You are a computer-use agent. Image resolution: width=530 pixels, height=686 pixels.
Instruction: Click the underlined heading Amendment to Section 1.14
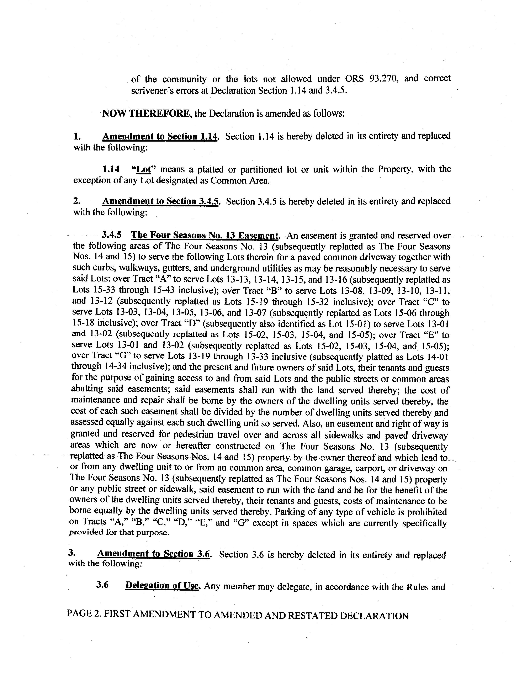coord(160,137)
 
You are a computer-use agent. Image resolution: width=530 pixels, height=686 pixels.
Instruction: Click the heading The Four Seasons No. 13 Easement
coord(205,236)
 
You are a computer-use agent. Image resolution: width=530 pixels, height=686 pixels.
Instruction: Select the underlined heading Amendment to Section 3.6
coord(154,554)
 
